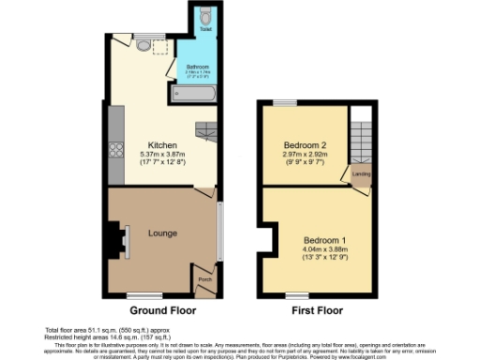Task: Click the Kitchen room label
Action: [151, 145]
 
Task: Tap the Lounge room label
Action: [161, 232]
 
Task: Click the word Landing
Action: [360, 174]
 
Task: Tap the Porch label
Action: [204, 277]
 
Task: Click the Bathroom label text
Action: [197, 67]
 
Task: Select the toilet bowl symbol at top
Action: [206, 16]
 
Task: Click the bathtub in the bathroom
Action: [195, 94]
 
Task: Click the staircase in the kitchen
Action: [206, 130]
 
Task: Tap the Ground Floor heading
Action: [162, 309]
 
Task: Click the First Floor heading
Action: [316, 309]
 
